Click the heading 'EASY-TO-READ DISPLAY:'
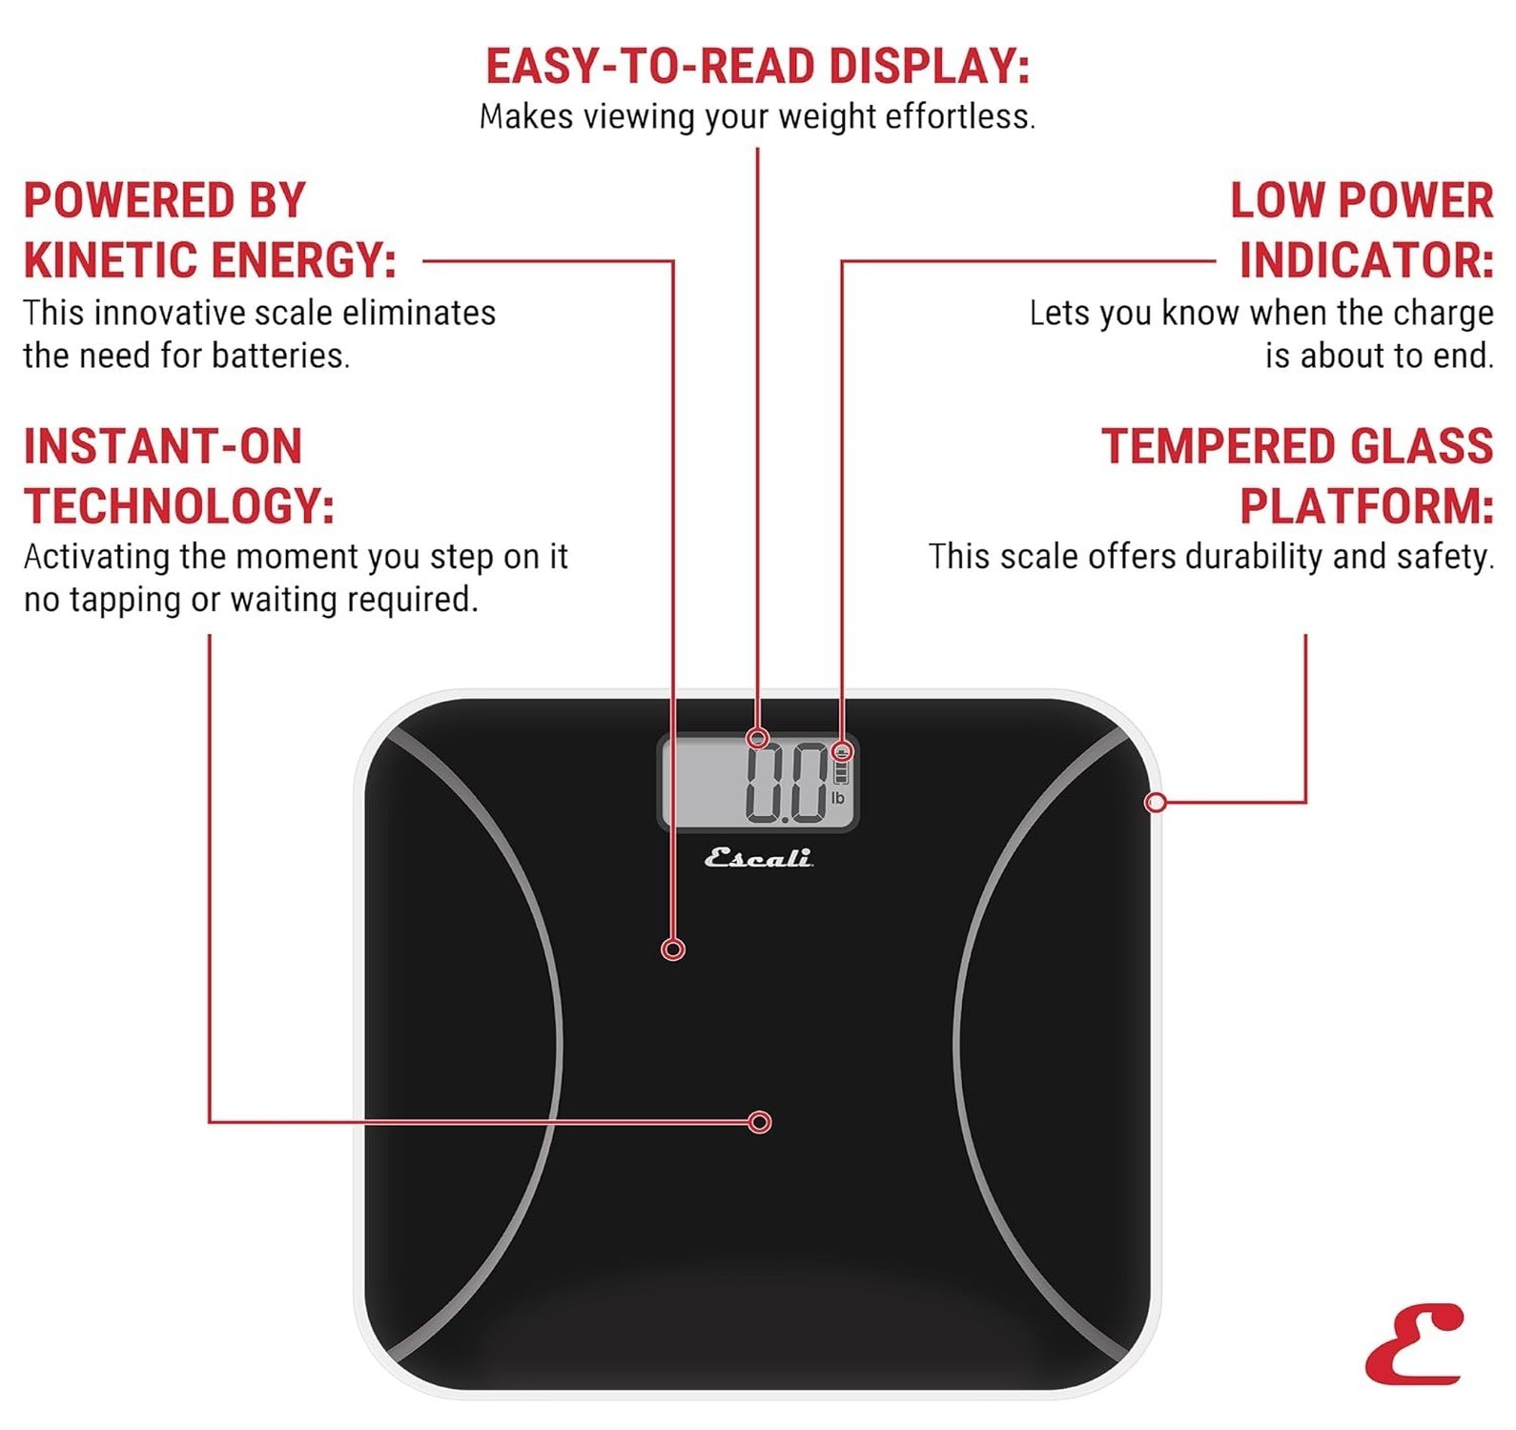tap(757, 67)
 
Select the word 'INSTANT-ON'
tap(163, 446)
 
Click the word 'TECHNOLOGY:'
tap(179, 505)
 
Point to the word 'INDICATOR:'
tap(1365, 260)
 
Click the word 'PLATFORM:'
tap(1365, 505)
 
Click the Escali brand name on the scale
tap(758, 858)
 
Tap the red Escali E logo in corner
tap(1414, 1344)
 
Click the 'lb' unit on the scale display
tap(837, 798)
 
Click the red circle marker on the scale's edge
tap(1156, 803)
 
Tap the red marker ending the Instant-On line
tap(759, 1122)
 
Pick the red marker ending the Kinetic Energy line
tap(673, 950)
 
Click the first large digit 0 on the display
tap(766, 783)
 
